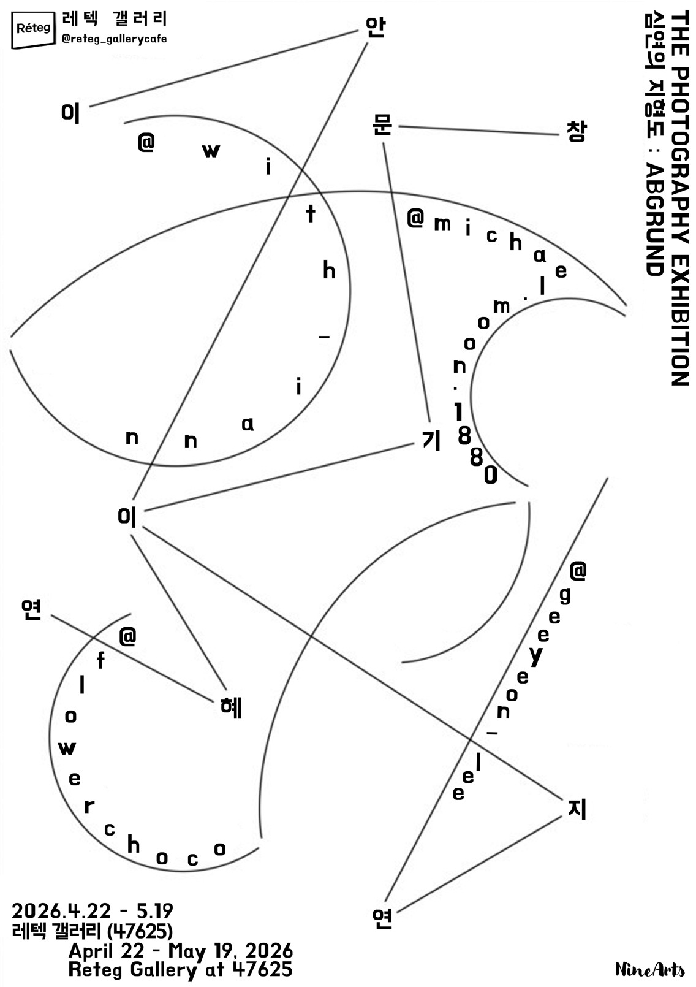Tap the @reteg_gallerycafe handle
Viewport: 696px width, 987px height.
(115, 39)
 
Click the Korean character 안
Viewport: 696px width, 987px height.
(374, 27)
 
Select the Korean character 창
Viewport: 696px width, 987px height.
(576, 131)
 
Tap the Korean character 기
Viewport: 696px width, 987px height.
(431, 440)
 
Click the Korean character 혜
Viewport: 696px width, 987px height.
(232, 707)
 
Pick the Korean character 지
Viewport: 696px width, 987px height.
(577, 809)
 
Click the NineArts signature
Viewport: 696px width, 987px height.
(649, 969)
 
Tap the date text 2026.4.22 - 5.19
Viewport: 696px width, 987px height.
(93, 910)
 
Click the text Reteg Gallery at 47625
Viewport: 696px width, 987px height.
(180, 970)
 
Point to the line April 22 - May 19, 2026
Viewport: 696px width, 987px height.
(180, 951)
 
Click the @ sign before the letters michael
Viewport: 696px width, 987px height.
(415, 218)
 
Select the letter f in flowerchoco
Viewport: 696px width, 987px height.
(101, 660)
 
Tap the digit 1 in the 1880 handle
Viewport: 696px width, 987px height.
(459, 412)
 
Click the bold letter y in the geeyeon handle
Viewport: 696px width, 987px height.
(536, 656)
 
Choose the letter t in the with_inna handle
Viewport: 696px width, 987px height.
(311, 214)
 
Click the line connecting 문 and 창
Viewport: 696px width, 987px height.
(478, 131)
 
